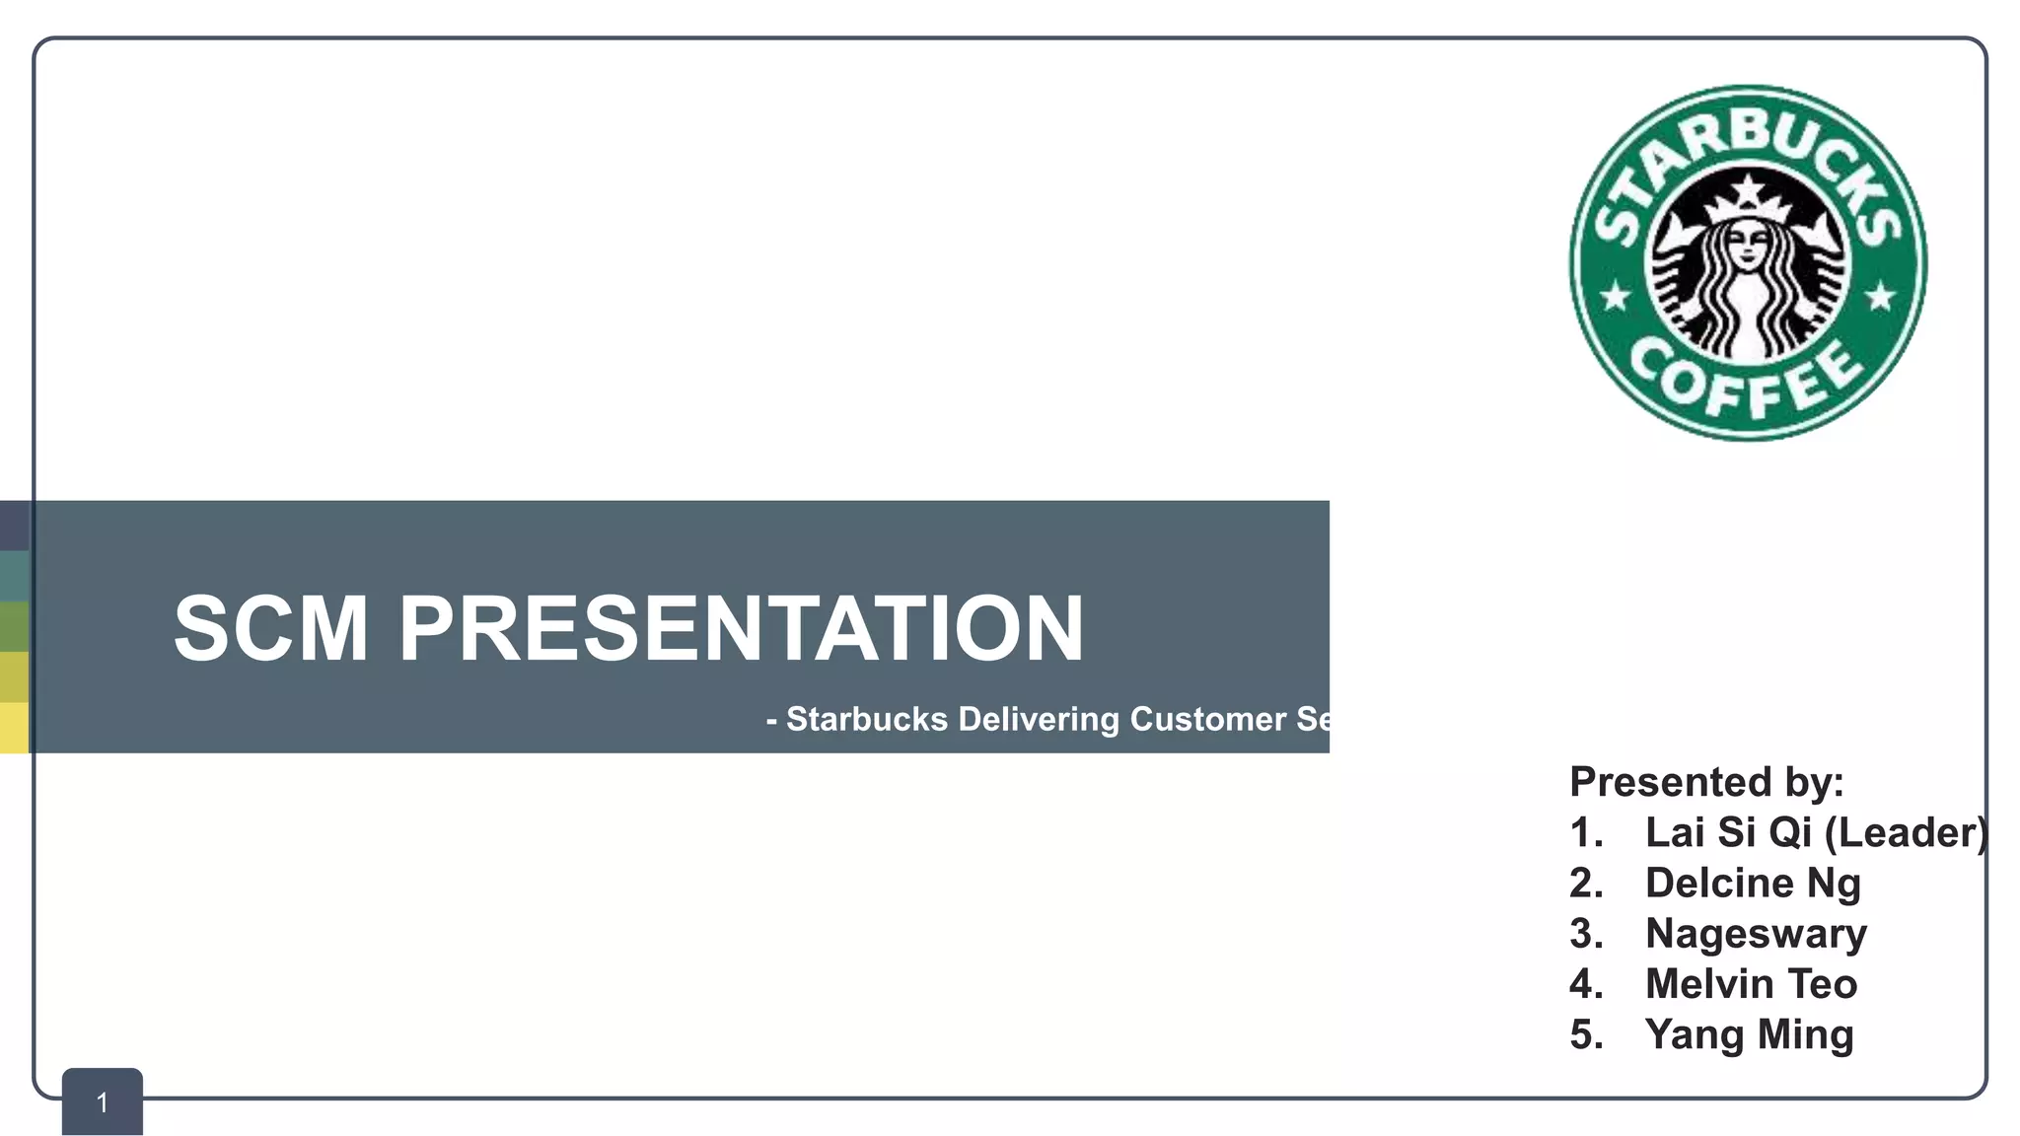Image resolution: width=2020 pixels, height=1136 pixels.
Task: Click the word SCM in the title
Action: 270,628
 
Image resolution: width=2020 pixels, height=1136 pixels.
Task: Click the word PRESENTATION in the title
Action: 741,628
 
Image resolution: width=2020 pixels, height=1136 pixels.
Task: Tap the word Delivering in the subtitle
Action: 1039,719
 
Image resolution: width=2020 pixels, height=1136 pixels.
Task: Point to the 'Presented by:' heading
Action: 1706,782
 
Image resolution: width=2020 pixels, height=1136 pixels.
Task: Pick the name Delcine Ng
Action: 1753,883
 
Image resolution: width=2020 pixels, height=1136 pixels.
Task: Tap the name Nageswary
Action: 1756,934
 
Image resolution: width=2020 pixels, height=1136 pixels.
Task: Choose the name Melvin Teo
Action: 1751,984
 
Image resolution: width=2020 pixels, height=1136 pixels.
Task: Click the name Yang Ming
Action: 1749,1034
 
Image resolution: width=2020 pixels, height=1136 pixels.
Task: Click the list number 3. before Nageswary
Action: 1586,934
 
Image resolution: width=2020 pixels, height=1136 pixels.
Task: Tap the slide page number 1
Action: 103,1102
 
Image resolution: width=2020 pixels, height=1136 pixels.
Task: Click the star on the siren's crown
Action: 1748,186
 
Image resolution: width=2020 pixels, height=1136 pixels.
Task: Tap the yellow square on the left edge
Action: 14,728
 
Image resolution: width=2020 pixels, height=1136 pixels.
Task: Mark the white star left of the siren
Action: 1615,296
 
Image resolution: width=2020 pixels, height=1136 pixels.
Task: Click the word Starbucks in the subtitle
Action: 866,719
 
